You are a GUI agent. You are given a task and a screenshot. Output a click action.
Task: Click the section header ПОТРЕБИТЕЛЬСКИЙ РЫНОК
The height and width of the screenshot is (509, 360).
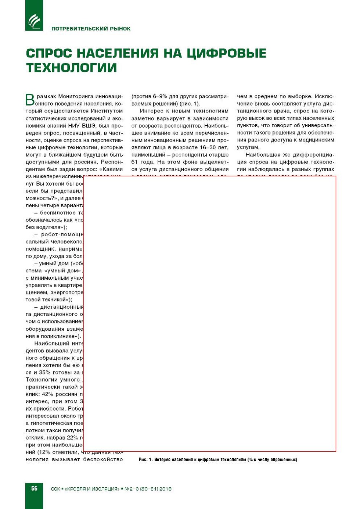(91, 29)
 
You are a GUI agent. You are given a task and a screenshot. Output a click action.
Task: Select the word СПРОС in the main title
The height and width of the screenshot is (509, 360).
(49, 53)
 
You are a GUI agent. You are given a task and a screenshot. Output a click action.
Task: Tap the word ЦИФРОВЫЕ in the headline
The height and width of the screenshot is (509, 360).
(226, 53)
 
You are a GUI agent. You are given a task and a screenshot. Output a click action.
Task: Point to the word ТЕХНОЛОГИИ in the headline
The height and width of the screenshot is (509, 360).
(71, 68)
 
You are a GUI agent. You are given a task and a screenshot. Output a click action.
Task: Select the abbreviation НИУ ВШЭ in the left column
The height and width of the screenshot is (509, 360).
(80, 125)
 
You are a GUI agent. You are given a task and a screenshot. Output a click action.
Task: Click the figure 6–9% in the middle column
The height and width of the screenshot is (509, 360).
(161, 96)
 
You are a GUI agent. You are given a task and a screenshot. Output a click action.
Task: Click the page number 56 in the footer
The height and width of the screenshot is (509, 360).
(34, 488)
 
